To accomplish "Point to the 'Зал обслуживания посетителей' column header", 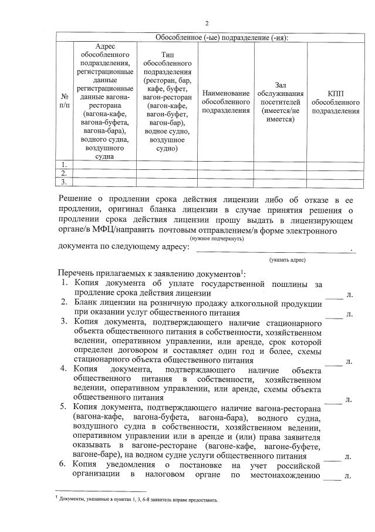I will [x=280, y=101].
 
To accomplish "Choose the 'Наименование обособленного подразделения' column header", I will [x=226, y=101].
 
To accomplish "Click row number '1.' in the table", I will [x=64, y=165].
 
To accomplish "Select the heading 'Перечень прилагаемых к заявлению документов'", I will [x=150, y=274].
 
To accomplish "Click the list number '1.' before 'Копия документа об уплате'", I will [x=66, y=284].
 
